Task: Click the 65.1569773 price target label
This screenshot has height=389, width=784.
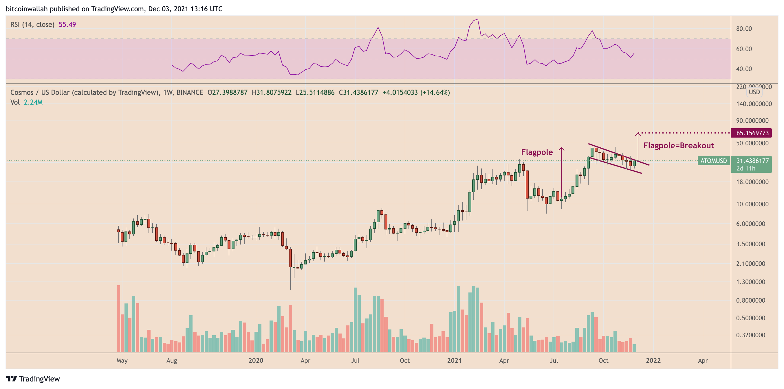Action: [x=752, y=133]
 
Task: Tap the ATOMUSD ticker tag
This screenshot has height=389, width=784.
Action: [x=713, y=161]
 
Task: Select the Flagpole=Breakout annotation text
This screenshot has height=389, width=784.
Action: [x=678, y=146]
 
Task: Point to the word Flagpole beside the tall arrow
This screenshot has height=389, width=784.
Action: [x=536, y=152]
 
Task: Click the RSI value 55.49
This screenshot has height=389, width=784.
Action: [x=67, y=25]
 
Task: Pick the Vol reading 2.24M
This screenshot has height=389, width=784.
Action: [x=33, y=102]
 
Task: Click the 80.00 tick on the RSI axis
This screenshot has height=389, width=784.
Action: [x=744, y=29]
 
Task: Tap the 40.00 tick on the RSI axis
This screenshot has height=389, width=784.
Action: [x=744, y=69]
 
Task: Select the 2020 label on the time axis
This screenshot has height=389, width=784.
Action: [x=256, y=360]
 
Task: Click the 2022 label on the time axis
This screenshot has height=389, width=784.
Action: [x=653, y=360]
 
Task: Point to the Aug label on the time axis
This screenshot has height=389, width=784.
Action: [x=172, y=360]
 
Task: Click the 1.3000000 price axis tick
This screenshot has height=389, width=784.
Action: [x=750, y=282]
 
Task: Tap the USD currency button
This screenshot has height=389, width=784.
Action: [x=754, y=92]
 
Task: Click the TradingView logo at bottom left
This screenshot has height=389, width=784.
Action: [x=33, y=379]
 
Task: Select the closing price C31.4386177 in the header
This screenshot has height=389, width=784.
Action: [x=358, y=92]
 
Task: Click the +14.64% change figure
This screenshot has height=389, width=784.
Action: [x=435, y=92]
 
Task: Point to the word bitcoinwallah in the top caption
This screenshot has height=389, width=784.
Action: [x=26, y=9]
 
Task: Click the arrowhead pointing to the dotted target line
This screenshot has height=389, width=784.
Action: [x=638, y=134]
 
